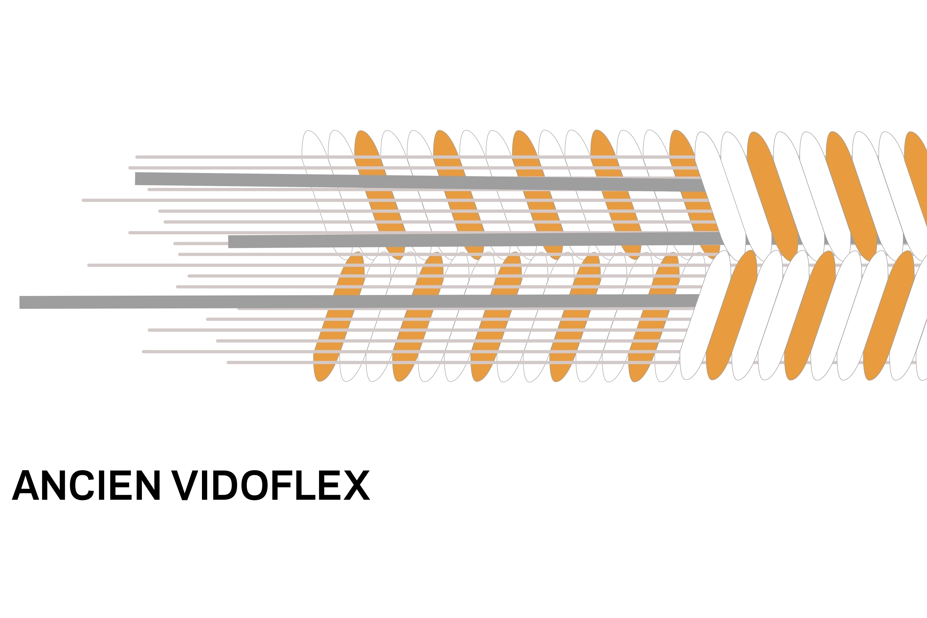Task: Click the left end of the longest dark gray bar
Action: tap(19, 302)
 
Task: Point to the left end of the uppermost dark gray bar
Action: tap(136, 179)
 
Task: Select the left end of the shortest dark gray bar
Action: tap(229, 241)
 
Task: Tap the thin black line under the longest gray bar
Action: tap(152, 310)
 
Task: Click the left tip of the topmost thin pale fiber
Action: tap(136, 157)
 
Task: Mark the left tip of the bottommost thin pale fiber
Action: tap(228, 362)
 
